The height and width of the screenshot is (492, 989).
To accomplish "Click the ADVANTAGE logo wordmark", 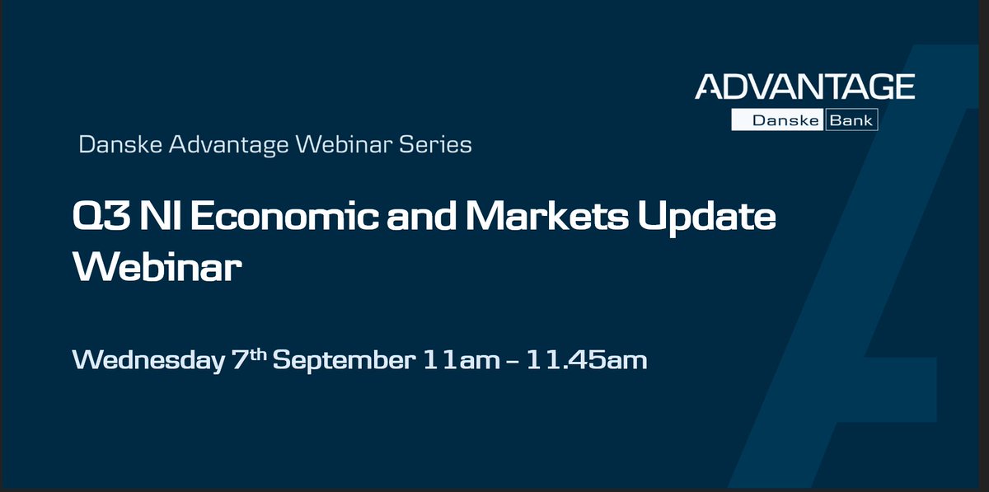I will pyautogui.click(x=804, y=87).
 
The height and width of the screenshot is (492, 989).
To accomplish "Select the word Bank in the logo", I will pyautogui.click(x=851, y=121).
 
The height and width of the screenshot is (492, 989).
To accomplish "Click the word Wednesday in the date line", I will pyautogui.click(x=148, y=360).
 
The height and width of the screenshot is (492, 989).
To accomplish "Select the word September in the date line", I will pyautogui.click(x=341, y=362).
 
